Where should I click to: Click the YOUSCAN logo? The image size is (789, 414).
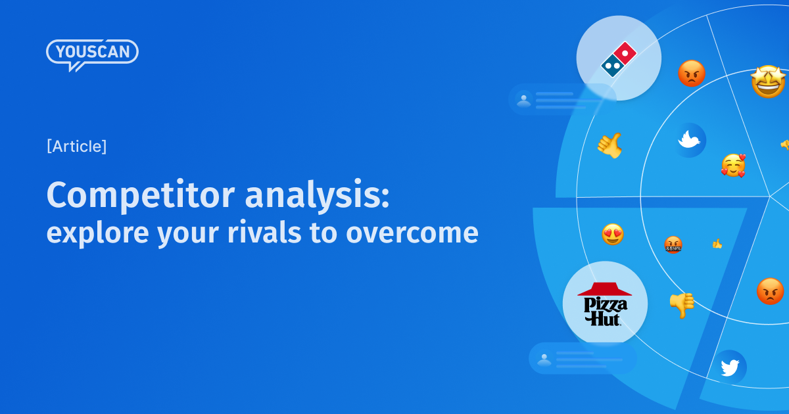coord(92,53)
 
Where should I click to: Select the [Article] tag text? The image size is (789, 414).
coord(76,147)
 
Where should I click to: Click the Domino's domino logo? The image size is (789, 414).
coord(619,59)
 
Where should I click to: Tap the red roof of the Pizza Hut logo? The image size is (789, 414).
coord(604,289)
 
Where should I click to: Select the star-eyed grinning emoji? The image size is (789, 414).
coord(768,83)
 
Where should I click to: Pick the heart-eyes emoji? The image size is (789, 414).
coord(613,235)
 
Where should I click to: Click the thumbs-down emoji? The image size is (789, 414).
coord(682,304)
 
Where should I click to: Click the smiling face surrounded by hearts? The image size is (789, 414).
coord(733,165)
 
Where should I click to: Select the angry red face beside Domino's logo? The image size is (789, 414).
coord(692,74)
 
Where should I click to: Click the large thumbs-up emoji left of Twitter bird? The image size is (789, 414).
coord(610,145)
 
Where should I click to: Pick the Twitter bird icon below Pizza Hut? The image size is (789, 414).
coord(730,367)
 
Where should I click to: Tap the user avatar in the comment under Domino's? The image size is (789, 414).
coord(524,101)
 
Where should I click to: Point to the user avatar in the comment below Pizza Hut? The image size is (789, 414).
coord(544,359)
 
